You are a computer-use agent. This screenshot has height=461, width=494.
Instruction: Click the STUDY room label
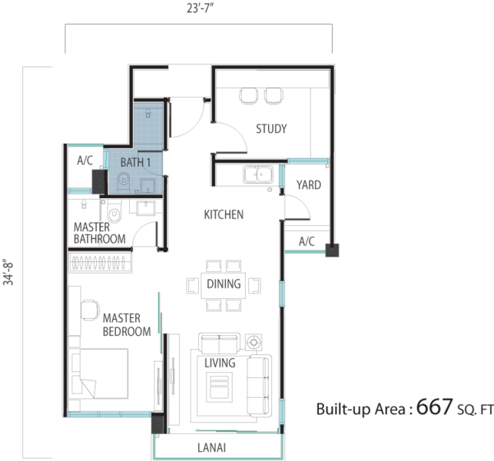tap(271, 128)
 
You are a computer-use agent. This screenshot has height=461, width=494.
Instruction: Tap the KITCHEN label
tap(224, 214)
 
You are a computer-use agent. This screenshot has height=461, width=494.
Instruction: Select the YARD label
tap(309, 185)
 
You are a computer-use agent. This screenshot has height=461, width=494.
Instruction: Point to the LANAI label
tap(212, 448)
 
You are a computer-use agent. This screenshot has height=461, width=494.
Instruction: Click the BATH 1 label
tap(135, 162)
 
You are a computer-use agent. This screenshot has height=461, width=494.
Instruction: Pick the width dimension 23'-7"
tap(201, 8)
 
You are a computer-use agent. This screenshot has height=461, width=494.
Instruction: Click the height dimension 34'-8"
tap(8, 272)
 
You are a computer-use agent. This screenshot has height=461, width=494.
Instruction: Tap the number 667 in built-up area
tap(435, 406)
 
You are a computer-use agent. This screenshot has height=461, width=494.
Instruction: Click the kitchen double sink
tap(258, 174)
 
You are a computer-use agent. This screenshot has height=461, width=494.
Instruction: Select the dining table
tap(224, 285)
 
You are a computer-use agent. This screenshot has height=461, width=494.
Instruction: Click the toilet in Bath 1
tap(124, 182)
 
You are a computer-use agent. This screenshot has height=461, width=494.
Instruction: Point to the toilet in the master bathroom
tap(114, 211)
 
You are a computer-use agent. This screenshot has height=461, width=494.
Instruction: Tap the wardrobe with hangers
tap(100, 262)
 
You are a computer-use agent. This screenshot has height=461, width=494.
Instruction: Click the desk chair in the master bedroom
tap(90, 310)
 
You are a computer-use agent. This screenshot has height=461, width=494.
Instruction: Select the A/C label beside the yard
tap(307, 242)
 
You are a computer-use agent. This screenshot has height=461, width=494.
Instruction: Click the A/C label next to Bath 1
tap(85, 161)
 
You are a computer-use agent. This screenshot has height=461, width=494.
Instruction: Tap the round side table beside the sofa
tap(254, 342)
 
